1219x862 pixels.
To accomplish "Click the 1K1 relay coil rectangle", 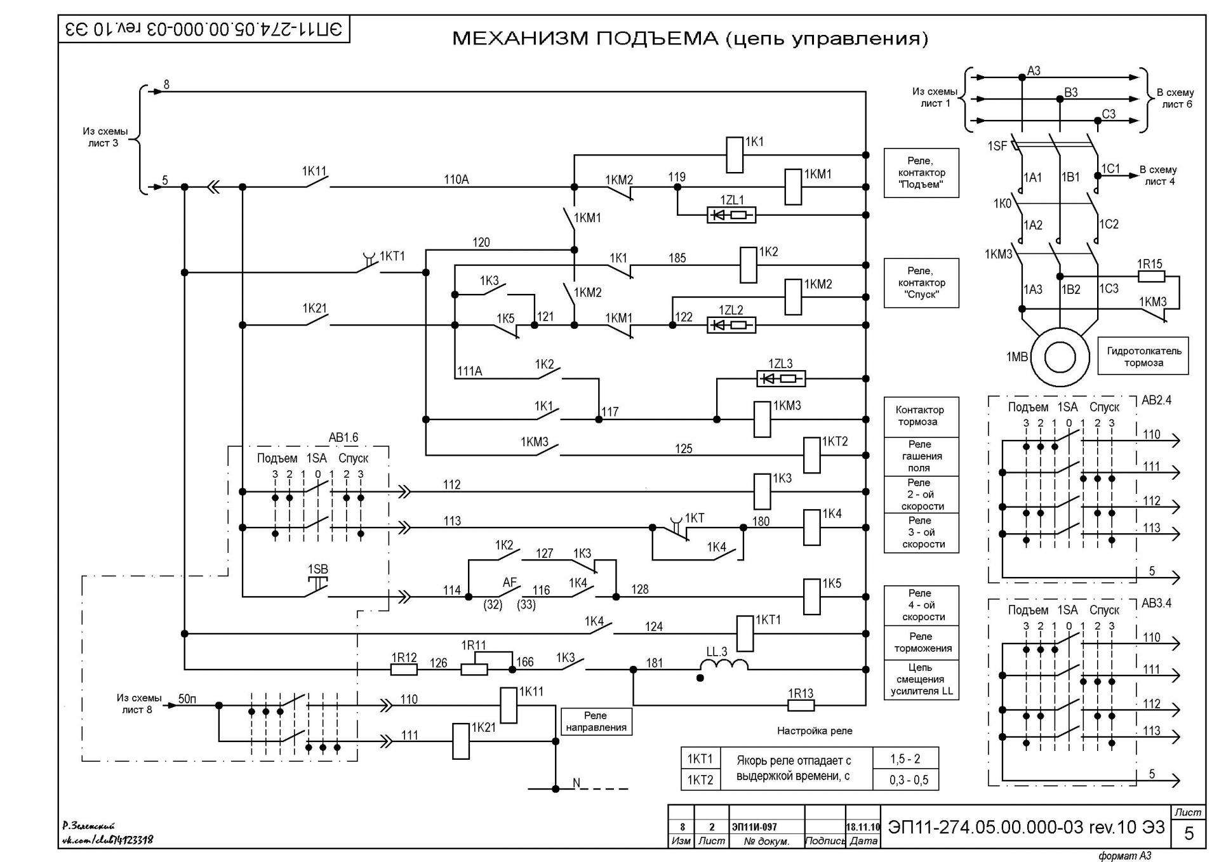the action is tap(734, 154).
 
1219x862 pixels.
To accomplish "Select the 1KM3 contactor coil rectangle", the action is tap(762, 419).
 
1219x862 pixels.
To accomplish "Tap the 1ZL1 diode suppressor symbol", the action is tap(731, 215).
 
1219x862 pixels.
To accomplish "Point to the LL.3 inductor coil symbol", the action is tap(724, 665).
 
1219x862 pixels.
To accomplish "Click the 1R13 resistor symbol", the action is tap(801, 705).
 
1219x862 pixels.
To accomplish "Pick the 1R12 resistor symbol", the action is tap(404, 669).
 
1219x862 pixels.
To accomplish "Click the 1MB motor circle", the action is tap(1059, 357).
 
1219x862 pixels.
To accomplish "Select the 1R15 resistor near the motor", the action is tap(1150, 277).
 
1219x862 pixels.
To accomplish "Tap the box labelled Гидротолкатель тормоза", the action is tap(1143, 356).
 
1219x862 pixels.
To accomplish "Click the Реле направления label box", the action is tap(596, 721).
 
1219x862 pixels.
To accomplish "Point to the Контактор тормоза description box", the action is tap(921, 416).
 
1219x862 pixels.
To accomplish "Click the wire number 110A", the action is tap(456, 180).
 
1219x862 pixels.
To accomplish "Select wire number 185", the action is tap(677, 258).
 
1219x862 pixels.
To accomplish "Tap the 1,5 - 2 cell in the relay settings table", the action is tap(905, 759).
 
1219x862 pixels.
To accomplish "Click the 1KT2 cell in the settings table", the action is tap(700, 780).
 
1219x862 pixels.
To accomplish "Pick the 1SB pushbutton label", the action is tap(318, 569).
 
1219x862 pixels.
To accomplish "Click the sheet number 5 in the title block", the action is tap(1189, 833).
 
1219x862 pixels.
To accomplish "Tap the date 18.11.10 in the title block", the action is tap(863, 827).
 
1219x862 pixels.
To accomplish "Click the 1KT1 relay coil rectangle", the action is tap(745, 633).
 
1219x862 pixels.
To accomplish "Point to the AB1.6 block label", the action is tap(343, 437).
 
